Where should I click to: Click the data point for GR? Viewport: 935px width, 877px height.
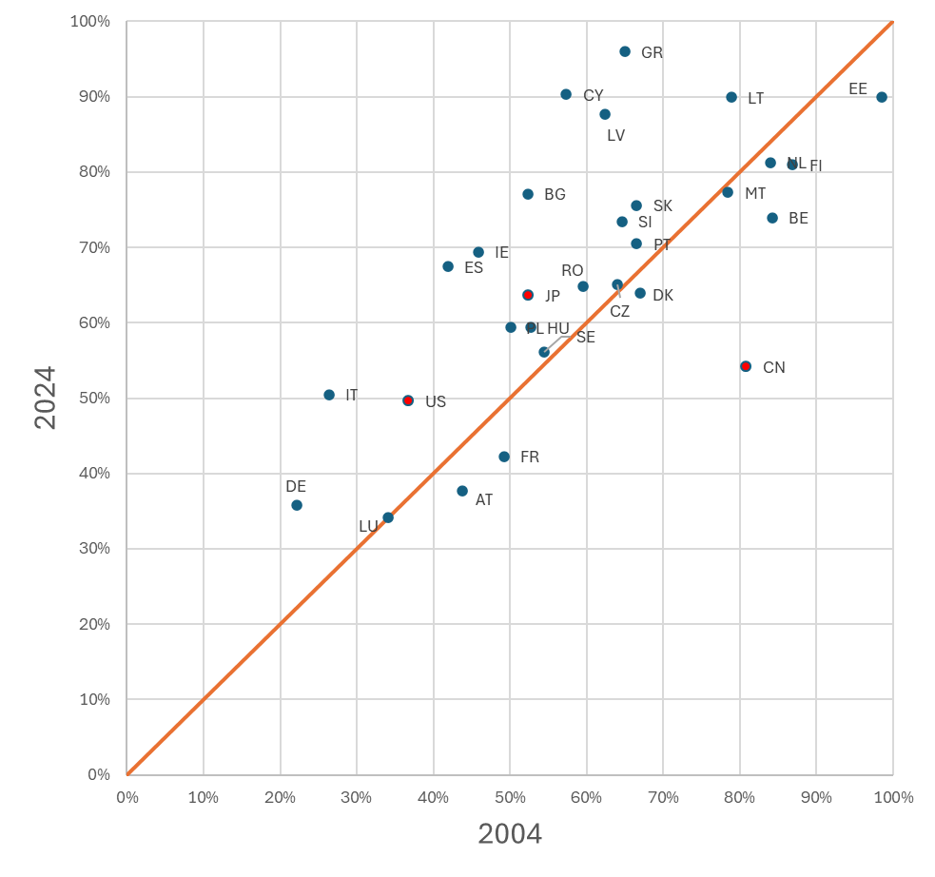click(625, 51)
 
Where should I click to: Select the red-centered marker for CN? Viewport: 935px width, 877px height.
click(746, 366)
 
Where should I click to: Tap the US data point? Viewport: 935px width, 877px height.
click(408, 400)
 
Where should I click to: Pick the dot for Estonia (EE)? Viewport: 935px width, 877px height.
click(882, 97)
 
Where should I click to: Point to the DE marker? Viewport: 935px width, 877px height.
click(297, 505)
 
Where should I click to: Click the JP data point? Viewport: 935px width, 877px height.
click(528, 295)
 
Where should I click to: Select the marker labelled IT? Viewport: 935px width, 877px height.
click(329, 395)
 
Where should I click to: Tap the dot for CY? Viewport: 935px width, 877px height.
click(566, 94)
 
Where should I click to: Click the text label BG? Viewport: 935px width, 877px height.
click(555, 195)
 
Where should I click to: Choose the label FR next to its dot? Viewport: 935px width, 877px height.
click(530, 457)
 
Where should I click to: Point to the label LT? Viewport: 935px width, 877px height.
click(756, 98)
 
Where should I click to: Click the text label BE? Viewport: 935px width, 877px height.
click(798, 218)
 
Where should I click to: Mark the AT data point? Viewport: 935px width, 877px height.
click(462, 491)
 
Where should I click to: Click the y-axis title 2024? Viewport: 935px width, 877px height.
click(45, 398)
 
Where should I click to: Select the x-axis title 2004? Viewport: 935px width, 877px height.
click(510, 834)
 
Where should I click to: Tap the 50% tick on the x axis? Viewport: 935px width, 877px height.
click(510, 797)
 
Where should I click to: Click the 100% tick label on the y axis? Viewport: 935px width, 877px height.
click(90, 21)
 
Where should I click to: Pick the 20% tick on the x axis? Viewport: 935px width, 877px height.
click(280, 797)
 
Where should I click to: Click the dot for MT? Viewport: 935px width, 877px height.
click(728, 192)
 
